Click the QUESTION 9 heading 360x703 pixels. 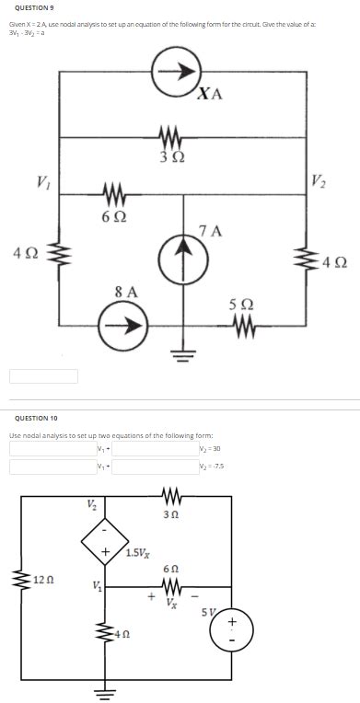pyautogui.click(x=32, y=6)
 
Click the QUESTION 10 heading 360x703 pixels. pyautogui.click(x=33, y=417)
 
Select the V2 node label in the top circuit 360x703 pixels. pyautogui.click(x=318, y=179)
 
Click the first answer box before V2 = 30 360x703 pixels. pyautogui.click(x=52, y=448)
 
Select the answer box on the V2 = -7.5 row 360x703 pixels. pyautogui.click(x=52, y=466)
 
